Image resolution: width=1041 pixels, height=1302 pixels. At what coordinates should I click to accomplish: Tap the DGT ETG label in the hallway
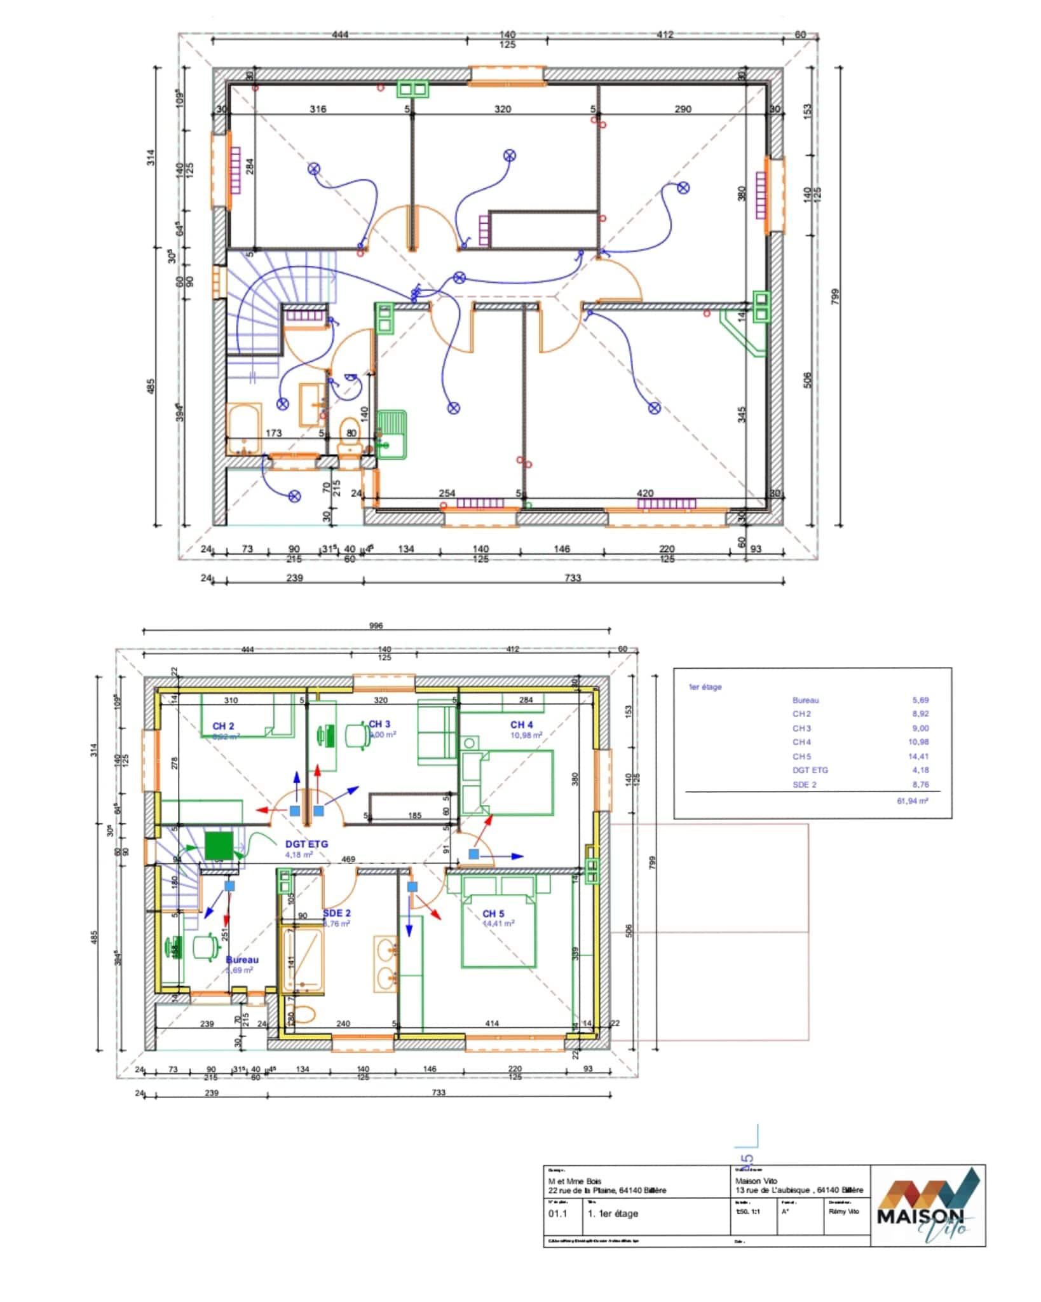(306, 844)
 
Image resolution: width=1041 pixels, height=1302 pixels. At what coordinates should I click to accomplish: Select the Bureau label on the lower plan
(242, 960)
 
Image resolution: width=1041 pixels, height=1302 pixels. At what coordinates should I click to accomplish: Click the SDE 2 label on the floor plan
(336, 913)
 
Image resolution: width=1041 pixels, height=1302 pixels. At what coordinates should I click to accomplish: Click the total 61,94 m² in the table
(912, 801)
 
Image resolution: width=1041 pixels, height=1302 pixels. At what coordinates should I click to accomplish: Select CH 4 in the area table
(801, 742)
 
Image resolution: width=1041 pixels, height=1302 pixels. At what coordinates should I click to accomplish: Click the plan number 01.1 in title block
(557, 1214)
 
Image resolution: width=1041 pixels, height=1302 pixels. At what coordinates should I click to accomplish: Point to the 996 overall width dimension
(376, 626)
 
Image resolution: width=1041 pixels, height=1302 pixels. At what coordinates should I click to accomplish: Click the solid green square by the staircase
(218, 846)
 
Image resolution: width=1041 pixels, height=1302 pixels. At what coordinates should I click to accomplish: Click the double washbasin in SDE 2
(385, 964)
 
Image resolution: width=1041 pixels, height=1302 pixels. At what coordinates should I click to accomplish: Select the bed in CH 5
(499, 928)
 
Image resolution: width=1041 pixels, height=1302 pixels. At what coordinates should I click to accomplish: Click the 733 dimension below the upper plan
(573, 578)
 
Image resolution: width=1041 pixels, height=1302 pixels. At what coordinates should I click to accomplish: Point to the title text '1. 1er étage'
(613, 1214)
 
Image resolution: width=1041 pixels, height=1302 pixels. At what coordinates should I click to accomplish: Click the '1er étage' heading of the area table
(705, 687)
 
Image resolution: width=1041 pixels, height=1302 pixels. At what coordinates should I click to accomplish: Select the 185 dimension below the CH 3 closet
(414, 815)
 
